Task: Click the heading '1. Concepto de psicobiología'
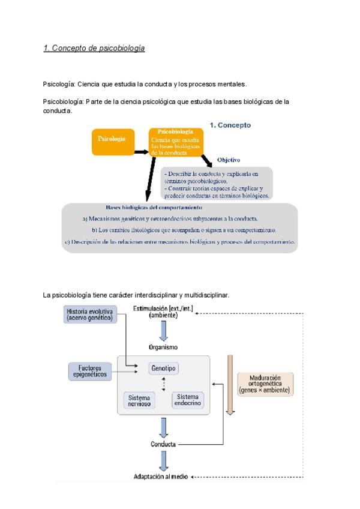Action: click(94, 48)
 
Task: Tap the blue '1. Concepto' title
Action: click(230, 125)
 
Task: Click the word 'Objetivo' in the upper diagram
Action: click(228, 160)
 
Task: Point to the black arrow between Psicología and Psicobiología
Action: click(142, 152)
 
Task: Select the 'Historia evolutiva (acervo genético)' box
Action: click(90, 315)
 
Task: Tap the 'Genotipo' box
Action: click(164, 368)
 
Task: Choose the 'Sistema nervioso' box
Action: click(139, 400)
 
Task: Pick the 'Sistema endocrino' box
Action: click(187, 400)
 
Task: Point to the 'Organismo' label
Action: click(163, 347)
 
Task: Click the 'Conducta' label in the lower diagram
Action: click(163, 444)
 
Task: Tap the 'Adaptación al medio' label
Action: click(161, 477)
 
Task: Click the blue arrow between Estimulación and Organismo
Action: click(163, 330)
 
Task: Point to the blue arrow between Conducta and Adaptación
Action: click(163, 460)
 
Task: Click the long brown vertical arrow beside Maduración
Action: click(230, 384)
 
